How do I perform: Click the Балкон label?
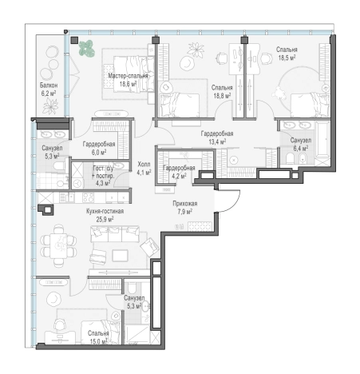49,86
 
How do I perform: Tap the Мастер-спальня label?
128,76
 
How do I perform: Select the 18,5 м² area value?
287,58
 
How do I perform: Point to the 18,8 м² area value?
222,95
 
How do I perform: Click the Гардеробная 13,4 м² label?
217,137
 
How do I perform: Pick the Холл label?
144,165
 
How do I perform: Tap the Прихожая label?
185,204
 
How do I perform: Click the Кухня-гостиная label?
105,211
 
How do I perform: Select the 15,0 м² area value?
98,341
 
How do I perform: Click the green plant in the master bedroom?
87,48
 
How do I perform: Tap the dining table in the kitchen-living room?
58,246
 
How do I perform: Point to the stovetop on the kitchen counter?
88,197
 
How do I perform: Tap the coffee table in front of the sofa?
120,256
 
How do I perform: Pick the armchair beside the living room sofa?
149,247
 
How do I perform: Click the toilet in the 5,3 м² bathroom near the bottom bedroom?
132,287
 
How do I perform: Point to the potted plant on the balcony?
50,106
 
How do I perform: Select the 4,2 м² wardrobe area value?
179,176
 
